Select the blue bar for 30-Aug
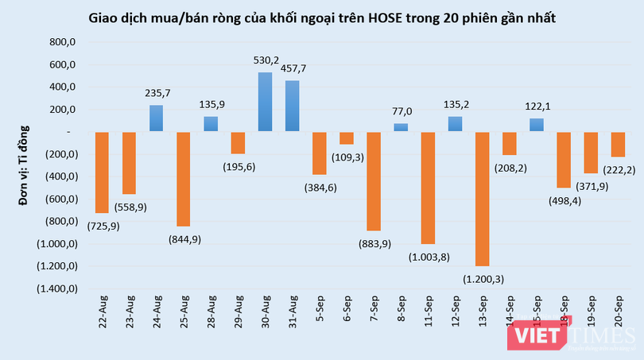coord(266,102)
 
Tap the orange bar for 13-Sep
coord(483,199)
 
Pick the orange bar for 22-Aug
coord(102,172)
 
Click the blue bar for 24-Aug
coord(157,118)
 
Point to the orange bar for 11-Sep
coord(428,188)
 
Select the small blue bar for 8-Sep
coord(401,127)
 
